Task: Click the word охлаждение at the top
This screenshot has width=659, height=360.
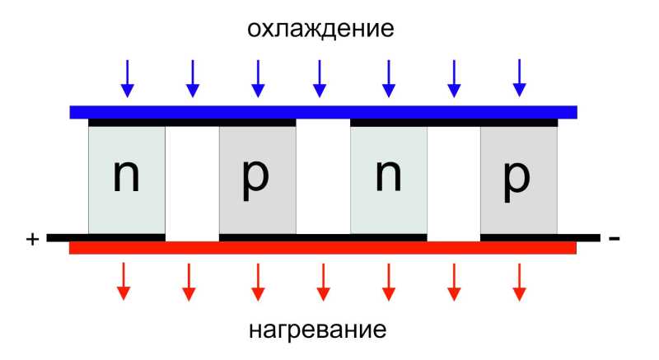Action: pos(320,29)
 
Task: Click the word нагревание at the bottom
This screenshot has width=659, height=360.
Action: pos(318,330)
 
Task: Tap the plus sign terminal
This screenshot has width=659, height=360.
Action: pos(32,239)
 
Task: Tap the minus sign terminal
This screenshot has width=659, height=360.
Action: pos(614,239)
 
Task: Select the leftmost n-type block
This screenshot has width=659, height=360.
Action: pos(127,180)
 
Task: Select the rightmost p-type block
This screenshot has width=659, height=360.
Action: pos(519,180)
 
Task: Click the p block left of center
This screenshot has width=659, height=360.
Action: pos(258,180)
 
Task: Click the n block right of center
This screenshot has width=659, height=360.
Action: pos(389,180)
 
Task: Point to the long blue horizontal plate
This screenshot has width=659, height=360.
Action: pos(323,112)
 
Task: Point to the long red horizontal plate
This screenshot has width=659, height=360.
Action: pos(323,248)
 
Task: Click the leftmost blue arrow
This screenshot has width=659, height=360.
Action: pos(128,78)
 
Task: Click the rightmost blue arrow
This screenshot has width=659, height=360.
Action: pos(520,78)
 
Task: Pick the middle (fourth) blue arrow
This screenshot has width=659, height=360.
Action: pos(320,78)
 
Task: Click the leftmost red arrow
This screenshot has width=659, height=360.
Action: pos(124,282)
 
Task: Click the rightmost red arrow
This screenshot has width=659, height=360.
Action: pos(520,283)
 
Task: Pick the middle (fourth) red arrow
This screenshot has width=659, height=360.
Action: pos(323,283)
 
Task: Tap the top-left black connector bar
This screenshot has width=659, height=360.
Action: pos(192,123)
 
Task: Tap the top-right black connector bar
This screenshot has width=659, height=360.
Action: pos(454,123)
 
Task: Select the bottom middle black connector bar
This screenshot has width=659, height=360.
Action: pos(323,238)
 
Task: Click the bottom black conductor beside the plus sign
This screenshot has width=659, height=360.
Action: pos(106,238)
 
